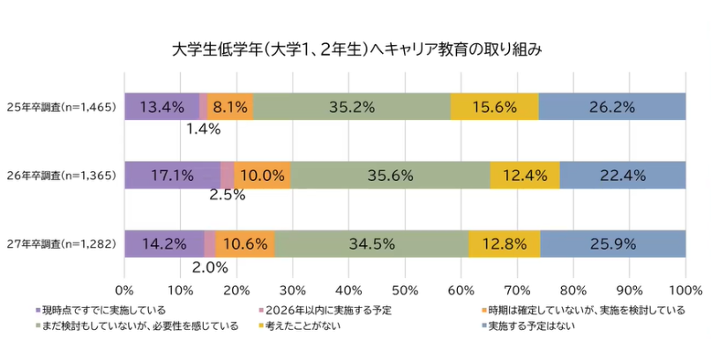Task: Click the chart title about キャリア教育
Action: click(355, 49)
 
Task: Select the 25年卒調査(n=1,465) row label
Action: click(61, 107)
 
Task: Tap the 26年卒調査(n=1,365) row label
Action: click(61, 176)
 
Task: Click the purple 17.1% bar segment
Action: click(172, 175)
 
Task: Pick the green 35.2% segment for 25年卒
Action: click(351, 107)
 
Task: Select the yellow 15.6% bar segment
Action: click(494, 107)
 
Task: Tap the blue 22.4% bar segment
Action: click(623, 175)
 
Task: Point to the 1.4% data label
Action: click(203, 129)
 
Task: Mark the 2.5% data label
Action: click(227, 197)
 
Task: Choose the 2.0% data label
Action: click(210, 266)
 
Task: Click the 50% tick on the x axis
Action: click(405, 289)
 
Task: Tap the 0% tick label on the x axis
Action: click(124, 289)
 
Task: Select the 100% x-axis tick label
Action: click(685, 289)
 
